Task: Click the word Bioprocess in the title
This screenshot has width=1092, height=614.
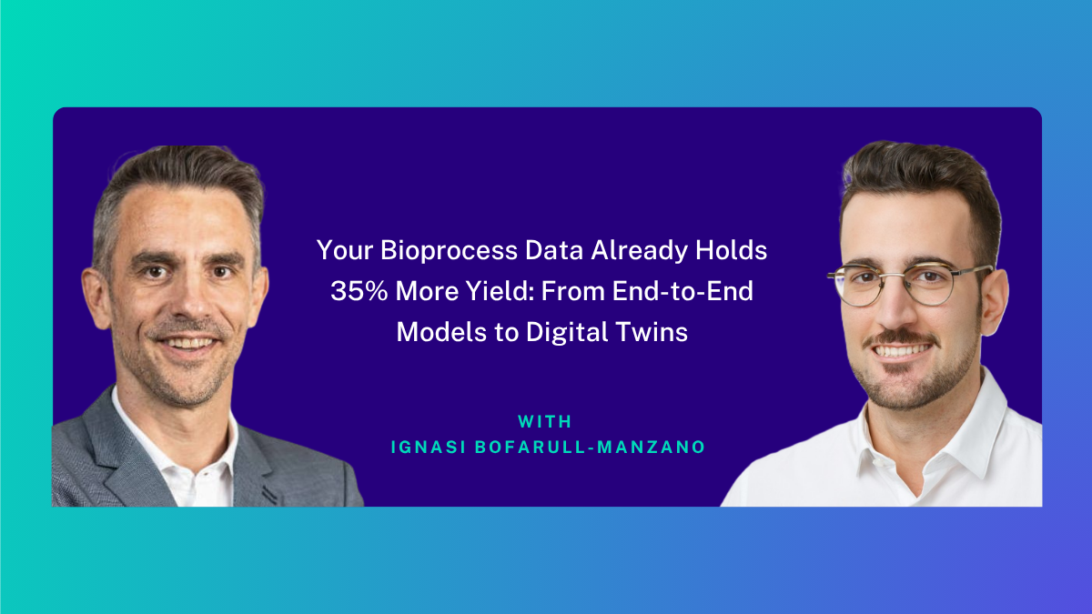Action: coord(449,250)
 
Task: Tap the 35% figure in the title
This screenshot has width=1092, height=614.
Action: coord(359,291)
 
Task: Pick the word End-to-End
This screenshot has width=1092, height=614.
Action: coord(682,291)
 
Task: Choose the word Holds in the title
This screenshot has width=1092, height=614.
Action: coord(731,250)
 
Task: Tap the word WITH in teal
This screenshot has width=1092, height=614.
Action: coord(544,421)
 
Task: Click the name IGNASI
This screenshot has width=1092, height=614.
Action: coord(429,448)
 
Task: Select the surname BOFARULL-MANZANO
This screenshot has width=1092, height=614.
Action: coord(590,448)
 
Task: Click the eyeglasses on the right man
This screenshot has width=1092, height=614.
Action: coord(909,285)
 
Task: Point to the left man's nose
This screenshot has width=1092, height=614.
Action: coord(195,302)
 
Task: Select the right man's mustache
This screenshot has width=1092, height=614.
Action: coord(900,337)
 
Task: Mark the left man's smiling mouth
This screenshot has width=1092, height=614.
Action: coord(189,343)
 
